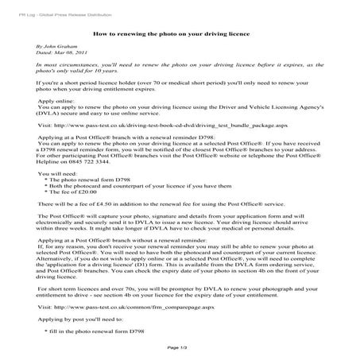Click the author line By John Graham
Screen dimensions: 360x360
(x=56, y=48)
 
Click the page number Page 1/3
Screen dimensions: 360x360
(x=177, y=348)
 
